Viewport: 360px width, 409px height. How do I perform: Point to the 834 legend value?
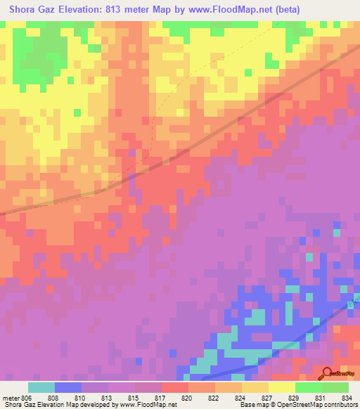click(x=347, y=397)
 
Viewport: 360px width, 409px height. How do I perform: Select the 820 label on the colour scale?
click(x=187, y=397)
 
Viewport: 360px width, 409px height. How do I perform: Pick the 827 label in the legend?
click(x=267, y=397)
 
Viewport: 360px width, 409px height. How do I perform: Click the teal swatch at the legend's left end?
click(x=41, y=387)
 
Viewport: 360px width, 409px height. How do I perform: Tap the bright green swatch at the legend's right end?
click(x=335, y=387)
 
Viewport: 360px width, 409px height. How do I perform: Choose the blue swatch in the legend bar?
click(x=68, y=387)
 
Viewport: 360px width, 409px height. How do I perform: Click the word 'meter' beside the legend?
click(x=10, y=397)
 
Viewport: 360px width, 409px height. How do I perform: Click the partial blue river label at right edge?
click(x=354, y=301)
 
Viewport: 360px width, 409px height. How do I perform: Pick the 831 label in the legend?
click(x=321, y=397)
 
